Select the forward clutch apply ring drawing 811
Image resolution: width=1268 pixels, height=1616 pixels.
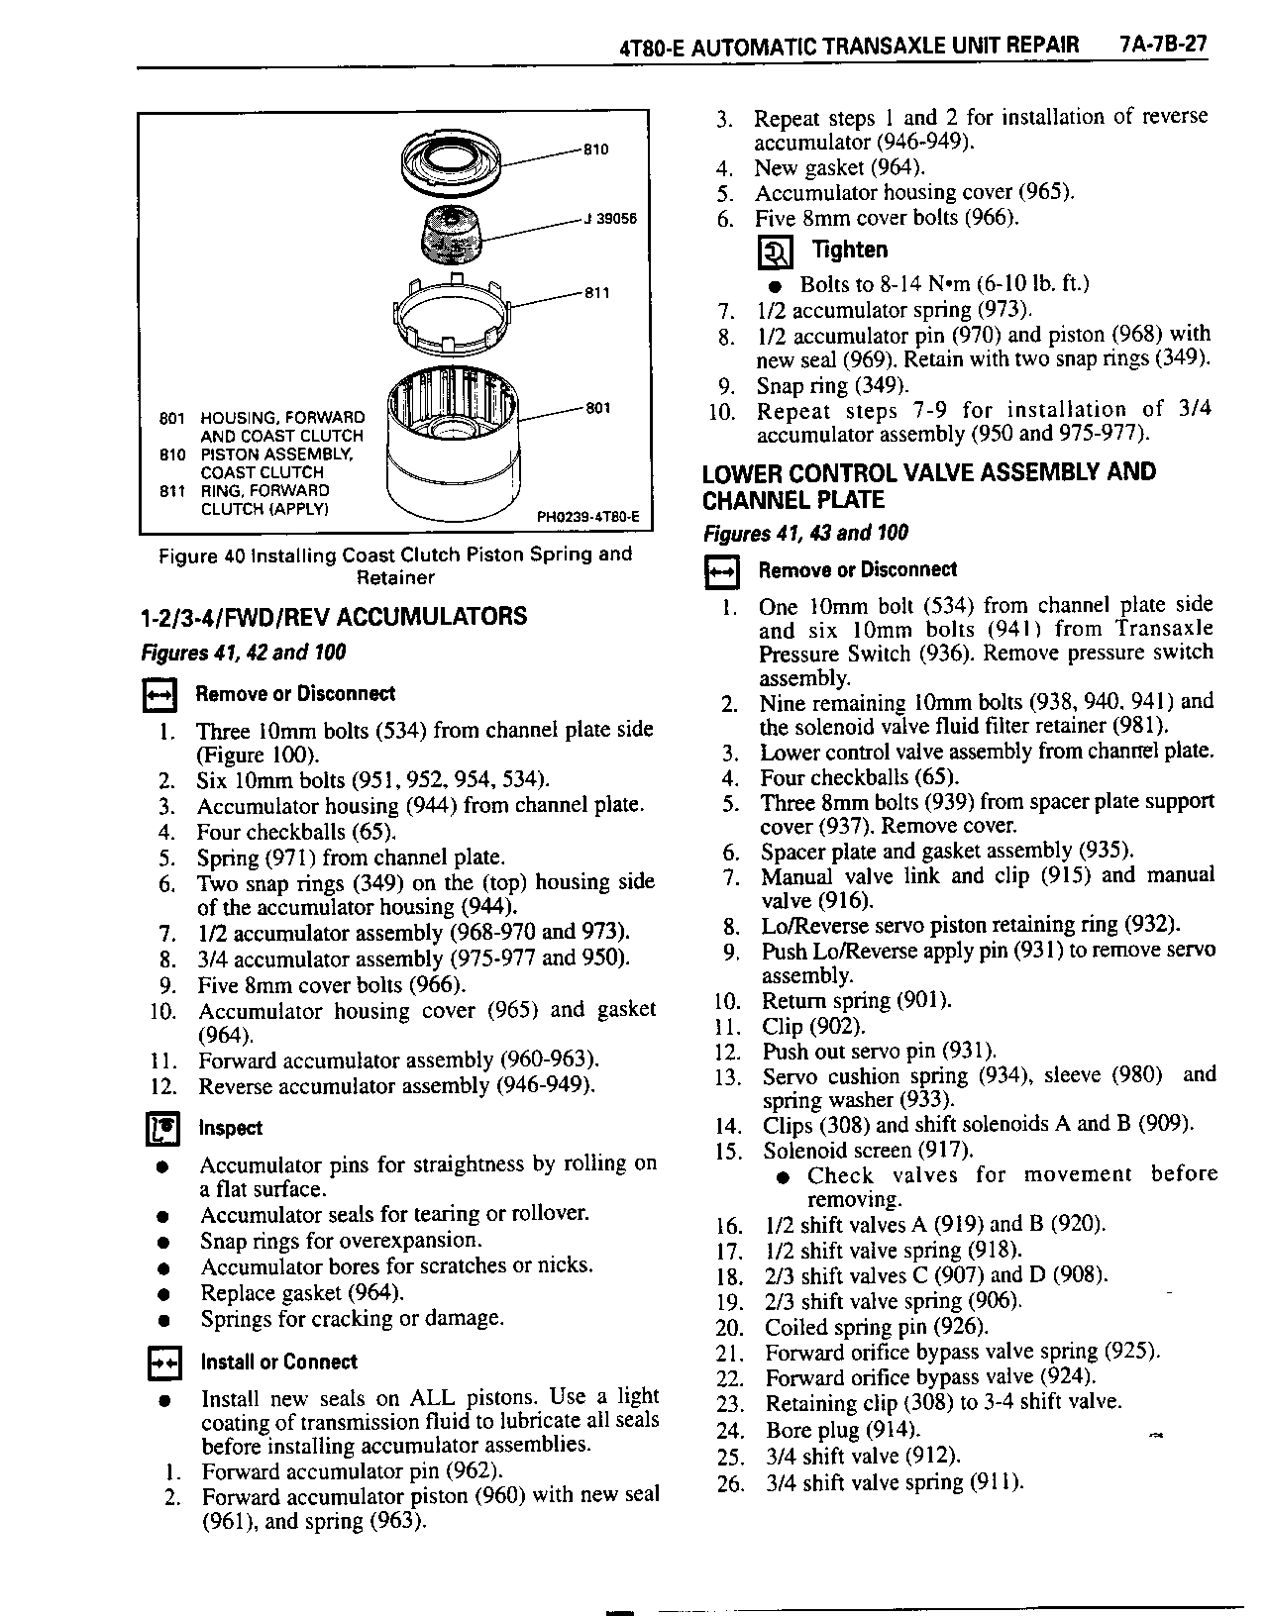(452, 309)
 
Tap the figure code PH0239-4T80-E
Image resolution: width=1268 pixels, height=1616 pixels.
(587, 516)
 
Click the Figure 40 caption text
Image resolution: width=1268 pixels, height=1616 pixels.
(394, 565)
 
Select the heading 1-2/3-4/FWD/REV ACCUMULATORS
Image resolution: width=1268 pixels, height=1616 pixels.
(335, 617)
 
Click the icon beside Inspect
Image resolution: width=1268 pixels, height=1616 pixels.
(161, 1129)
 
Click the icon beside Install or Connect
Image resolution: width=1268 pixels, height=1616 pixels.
(161, 1363)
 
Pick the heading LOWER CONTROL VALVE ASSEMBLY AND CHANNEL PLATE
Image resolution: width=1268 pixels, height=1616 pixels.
(928, 485)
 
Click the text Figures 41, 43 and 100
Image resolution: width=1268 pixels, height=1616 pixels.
(805, 534)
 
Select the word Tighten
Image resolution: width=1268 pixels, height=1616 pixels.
(849, 250)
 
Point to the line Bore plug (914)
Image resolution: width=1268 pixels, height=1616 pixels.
(842, 1430)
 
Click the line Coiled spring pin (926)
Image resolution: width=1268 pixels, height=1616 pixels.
(876, 1327)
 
